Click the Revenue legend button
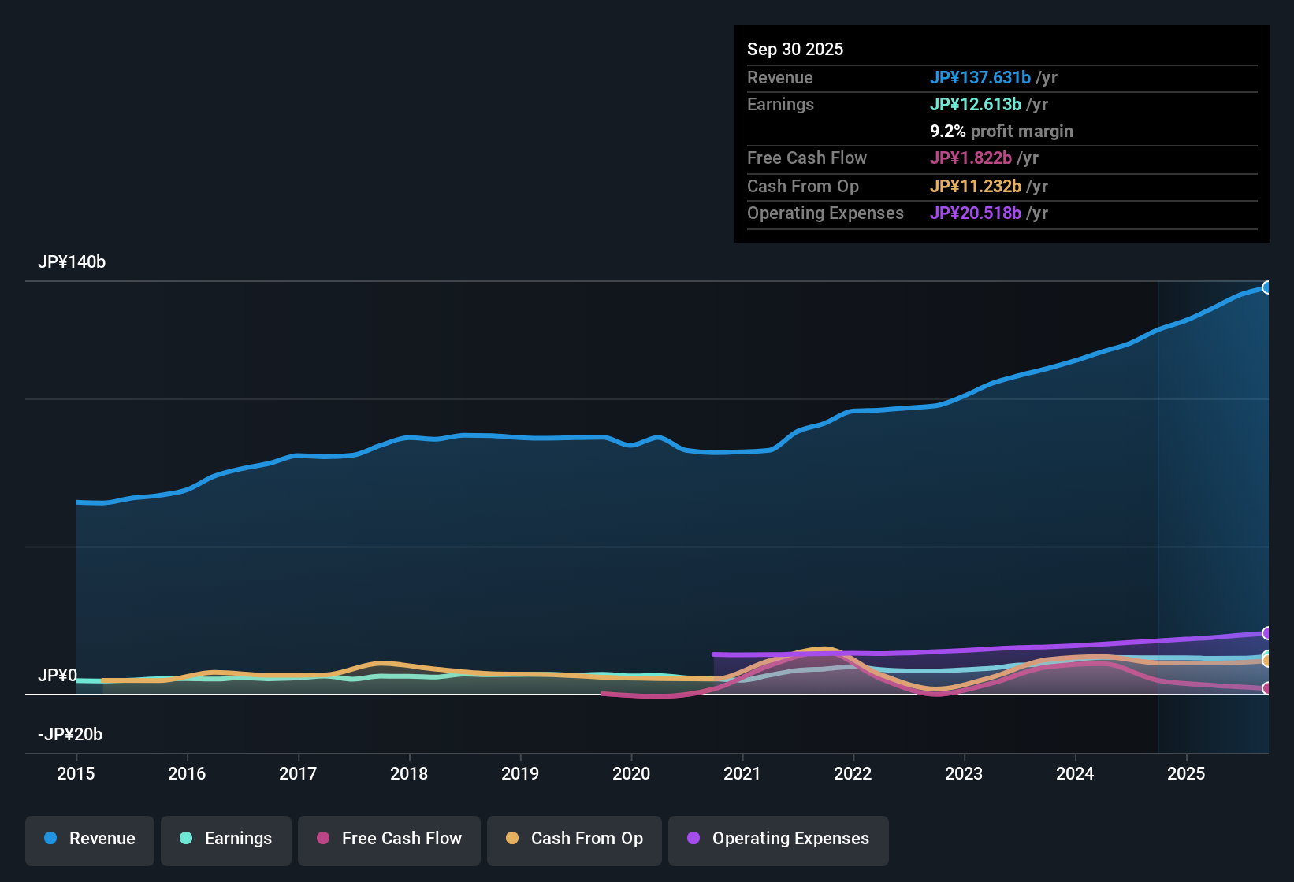(90, 839)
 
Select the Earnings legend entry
(226, 839)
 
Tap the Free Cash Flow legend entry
(389, 839)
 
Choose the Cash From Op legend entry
(574, 839)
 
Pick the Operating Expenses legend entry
(779, 839)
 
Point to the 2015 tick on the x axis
(76, 773)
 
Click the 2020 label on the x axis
(631, 773)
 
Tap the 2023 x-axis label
(964, 773)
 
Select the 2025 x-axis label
(1186, 773)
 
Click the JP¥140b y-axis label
(72, 262)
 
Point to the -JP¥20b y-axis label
(70, 735)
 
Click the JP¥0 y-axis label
(58, 676)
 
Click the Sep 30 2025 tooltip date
(795, 49)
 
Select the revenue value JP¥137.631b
(980, 77)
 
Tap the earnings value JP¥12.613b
(975, 104)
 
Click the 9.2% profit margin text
(1002, 132)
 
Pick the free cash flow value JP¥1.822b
(970, 157)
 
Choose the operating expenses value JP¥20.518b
(975, 213)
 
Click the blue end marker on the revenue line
(1266, 287)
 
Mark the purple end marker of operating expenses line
(1266, 633)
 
